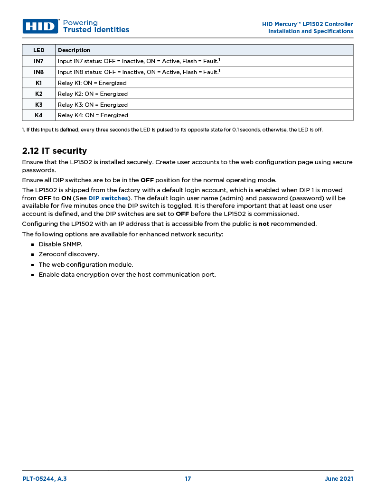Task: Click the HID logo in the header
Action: [40, 26]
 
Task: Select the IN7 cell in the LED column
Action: [38, 61]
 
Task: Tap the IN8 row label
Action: [38, 72]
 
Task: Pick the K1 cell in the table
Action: [38, 83]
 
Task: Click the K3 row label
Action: [38, 104]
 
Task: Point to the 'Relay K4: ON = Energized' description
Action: [93, 115]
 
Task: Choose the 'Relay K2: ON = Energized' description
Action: [93, 94]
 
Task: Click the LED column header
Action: [38, 50]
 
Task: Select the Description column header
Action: [74, 50]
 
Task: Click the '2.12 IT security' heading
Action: [55, 151]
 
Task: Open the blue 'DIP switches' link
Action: [108, 198]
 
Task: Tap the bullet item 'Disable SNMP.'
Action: [60, 244]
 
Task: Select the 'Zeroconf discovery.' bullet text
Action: [69, 254]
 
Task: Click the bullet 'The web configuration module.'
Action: [85, 264]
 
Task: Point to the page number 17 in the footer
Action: [188, 479]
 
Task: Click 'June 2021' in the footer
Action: [339, 479]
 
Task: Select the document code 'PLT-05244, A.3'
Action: [45, 479]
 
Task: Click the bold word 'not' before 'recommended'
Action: [264, 224]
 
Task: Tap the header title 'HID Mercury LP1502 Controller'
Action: [308, 24]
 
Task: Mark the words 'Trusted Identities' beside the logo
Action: [96, 30]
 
